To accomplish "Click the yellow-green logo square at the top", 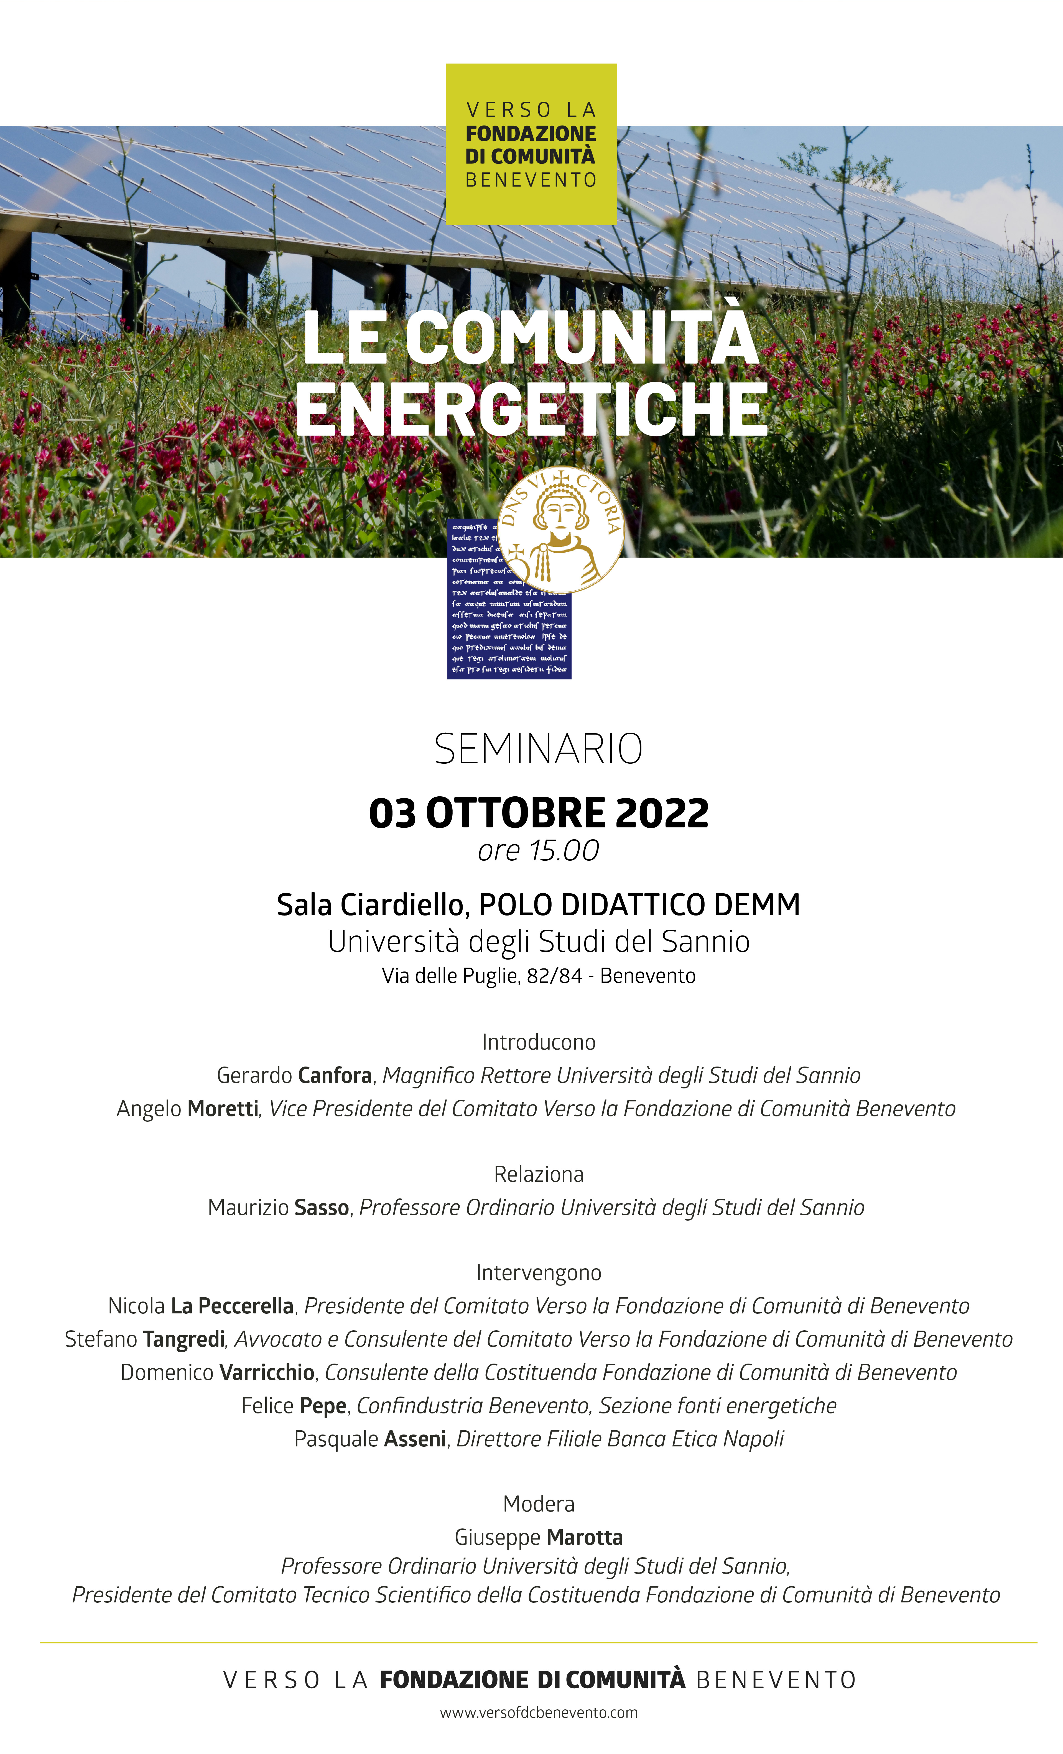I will pyautogui.click(x=531, y=145).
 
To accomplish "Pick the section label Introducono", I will pyautogui.click(x=538, y=1042).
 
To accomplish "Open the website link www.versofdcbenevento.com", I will pyautogui.click(x=538, y=1713).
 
